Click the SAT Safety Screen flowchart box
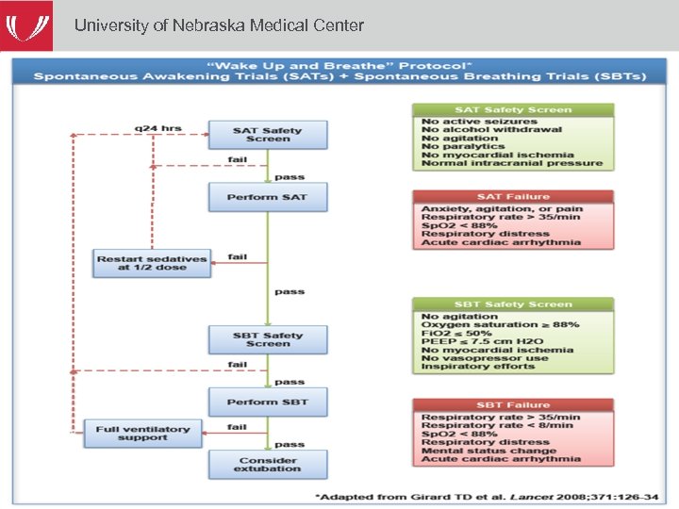(x=267, y=135)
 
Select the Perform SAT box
(x=267, y=197)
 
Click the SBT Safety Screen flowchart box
(x=267, y=339)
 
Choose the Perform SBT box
(x=267, y=402)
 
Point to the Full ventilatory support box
(x=142, y=434)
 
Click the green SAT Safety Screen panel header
(x=513, y=110)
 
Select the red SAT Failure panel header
(x=513, y=197)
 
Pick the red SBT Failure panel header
(x=513, y=405)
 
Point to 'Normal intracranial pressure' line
(x=511, y=164)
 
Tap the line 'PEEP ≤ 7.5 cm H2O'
(x=484, y=341)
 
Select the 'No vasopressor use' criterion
(x=484, y=358)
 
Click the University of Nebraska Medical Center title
(x=219, y=25)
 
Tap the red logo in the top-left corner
(x=29, y=25)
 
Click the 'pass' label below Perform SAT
(x=290, y=292)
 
